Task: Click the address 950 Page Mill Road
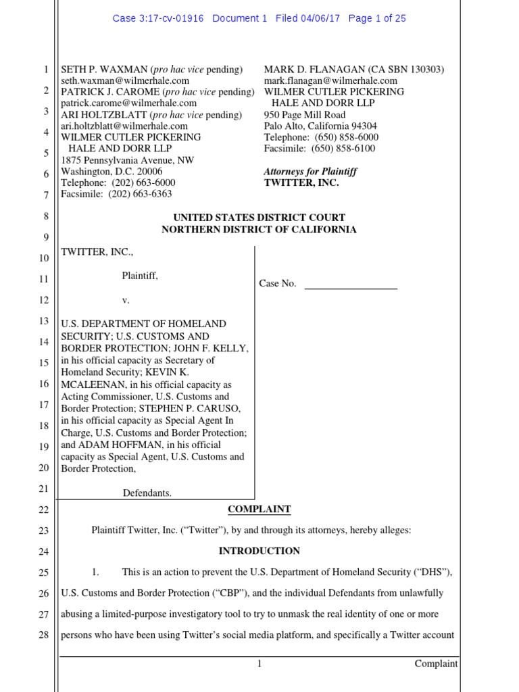point(305,115)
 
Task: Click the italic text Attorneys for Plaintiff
point(310,172)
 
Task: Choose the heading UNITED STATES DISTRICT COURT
point(259,218)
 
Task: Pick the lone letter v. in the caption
point(126,299)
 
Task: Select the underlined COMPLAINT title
point(259,509)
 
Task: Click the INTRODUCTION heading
point(259,551)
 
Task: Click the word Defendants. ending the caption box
point(147,493)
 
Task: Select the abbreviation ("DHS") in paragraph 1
point(432,572)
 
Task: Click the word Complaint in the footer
point(436,664)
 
